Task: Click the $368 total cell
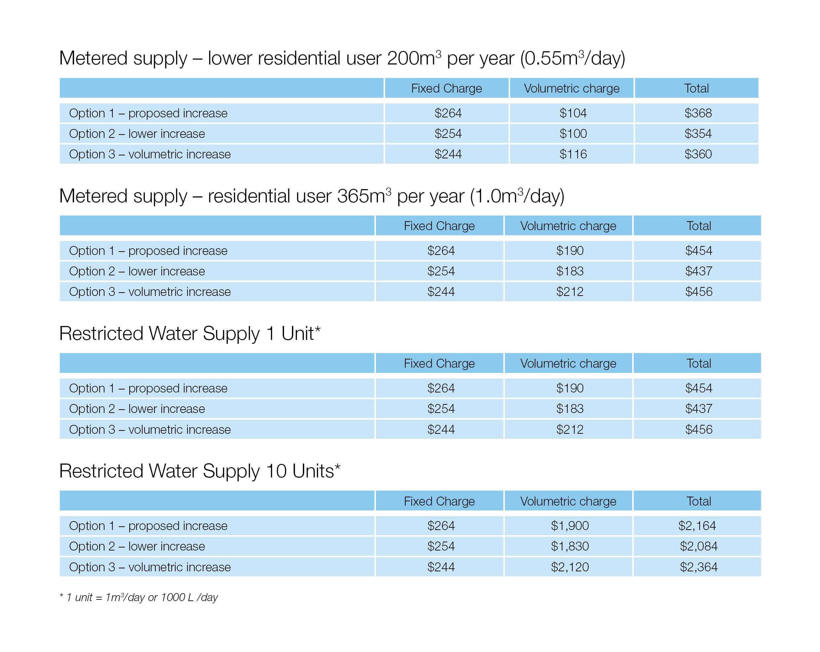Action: point(698,113)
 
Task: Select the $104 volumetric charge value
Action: point(573,113)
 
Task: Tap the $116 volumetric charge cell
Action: point(573,154)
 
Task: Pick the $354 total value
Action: point(698,134)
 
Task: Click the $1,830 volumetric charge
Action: point(570,546)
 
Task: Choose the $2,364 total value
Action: point(698,567)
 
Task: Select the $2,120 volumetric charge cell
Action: point(570,567)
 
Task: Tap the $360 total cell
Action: point(698,154)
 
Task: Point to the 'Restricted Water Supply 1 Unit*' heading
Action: point(190,333)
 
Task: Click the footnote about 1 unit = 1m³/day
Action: point(139,597)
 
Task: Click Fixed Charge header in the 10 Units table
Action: point(439,501)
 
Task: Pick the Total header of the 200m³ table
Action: point(696,88)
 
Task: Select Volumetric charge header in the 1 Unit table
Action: point(568,363)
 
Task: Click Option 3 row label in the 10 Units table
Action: point(150,567)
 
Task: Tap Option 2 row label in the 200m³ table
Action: point(137,134)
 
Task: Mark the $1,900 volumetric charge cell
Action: point(570,526)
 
